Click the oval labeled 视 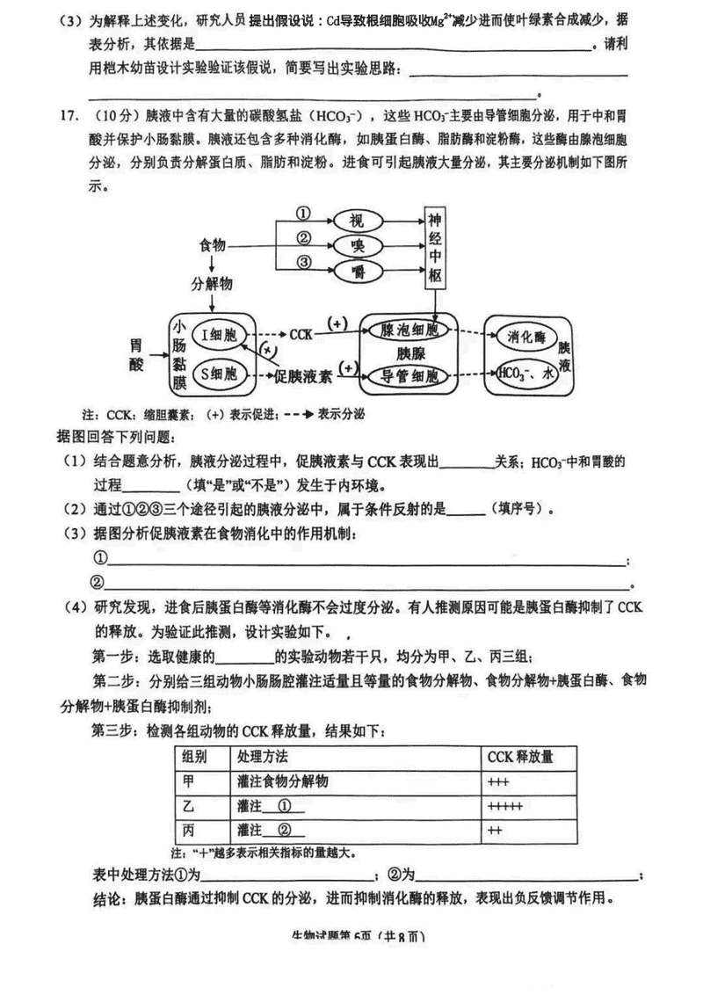coord(356,220)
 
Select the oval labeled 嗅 coord(356,243)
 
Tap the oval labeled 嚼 coord(356,268)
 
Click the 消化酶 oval coord(527,337)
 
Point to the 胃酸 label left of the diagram coord(135,353)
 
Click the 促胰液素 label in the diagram coord(301,376)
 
